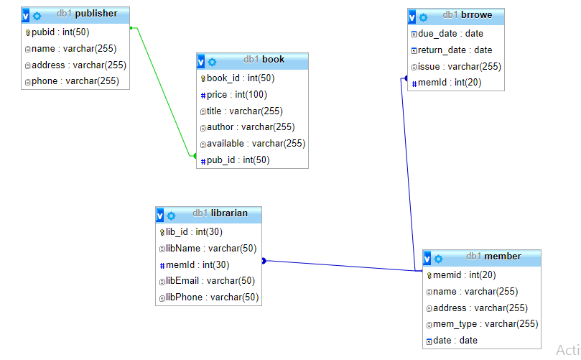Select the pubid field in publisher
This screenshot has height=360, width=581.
[x=60, y=32]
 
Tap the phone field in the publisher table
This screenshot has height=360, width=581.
[x=75, y=81]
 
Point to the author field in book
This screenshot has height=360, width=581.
[x=245, y=127]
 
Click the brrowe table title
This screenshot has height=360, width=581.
[x=471, y=14]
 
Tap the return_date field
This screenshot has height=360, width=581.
[x=455, y=50]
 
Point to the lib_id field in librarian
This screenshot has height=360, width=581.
[x=194, y=231]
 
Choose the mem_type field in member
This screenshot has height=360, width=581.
[x=485, y=324]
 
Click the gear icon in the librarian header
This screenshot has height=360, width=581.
[x=171, y=215]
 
